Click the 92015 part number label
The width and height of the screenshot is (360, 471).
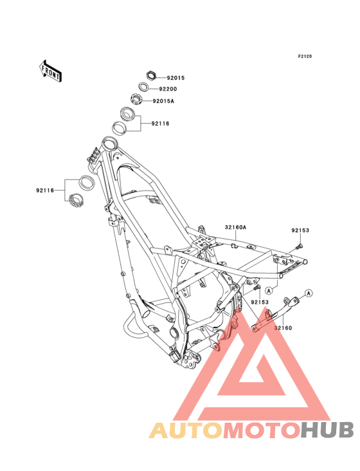pos(175,78)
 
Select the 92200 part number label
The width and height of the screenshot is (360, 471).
pos(168,89)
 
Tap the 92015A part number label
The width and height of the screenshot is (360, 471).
pos(163,101)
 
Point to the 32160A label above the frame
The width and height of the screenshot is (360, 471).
pos(235,227)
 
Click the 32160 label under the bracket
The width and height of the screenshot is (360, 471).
pos(283,328)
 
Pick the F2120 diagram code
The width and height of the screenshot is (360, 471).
pos(305,56)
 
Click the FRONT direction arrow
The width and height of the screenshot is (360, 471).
pos(50,71)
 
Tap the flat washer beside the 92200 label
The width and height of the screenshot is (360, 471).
pos(144,87)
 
